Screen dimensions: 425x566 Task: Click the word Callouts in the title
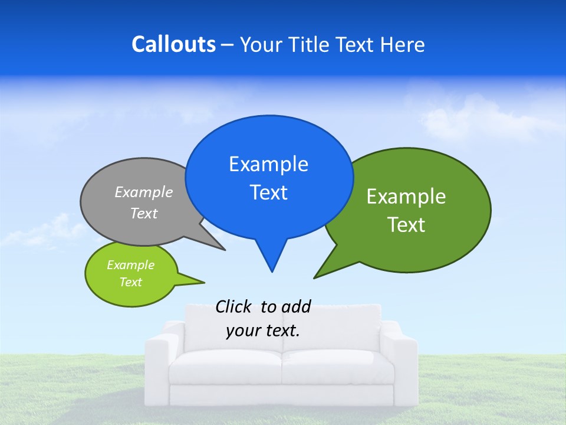click(x=173, y=45)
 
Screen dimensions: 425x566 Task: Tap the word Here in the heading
click(x=403, y=45)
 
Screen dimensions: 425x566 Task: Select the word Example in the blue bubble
click(x=268, y=164)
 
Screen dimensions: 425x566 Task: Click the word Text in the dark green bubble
click(x=407, y=225)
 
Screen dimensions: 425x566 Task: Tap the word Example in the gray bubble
click(x=144, y=192)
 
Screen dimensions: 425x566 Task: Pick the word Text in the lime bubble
click(x=130, y=282)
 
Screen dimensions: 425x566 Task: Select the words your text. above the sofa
click(x=263, y=331)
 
